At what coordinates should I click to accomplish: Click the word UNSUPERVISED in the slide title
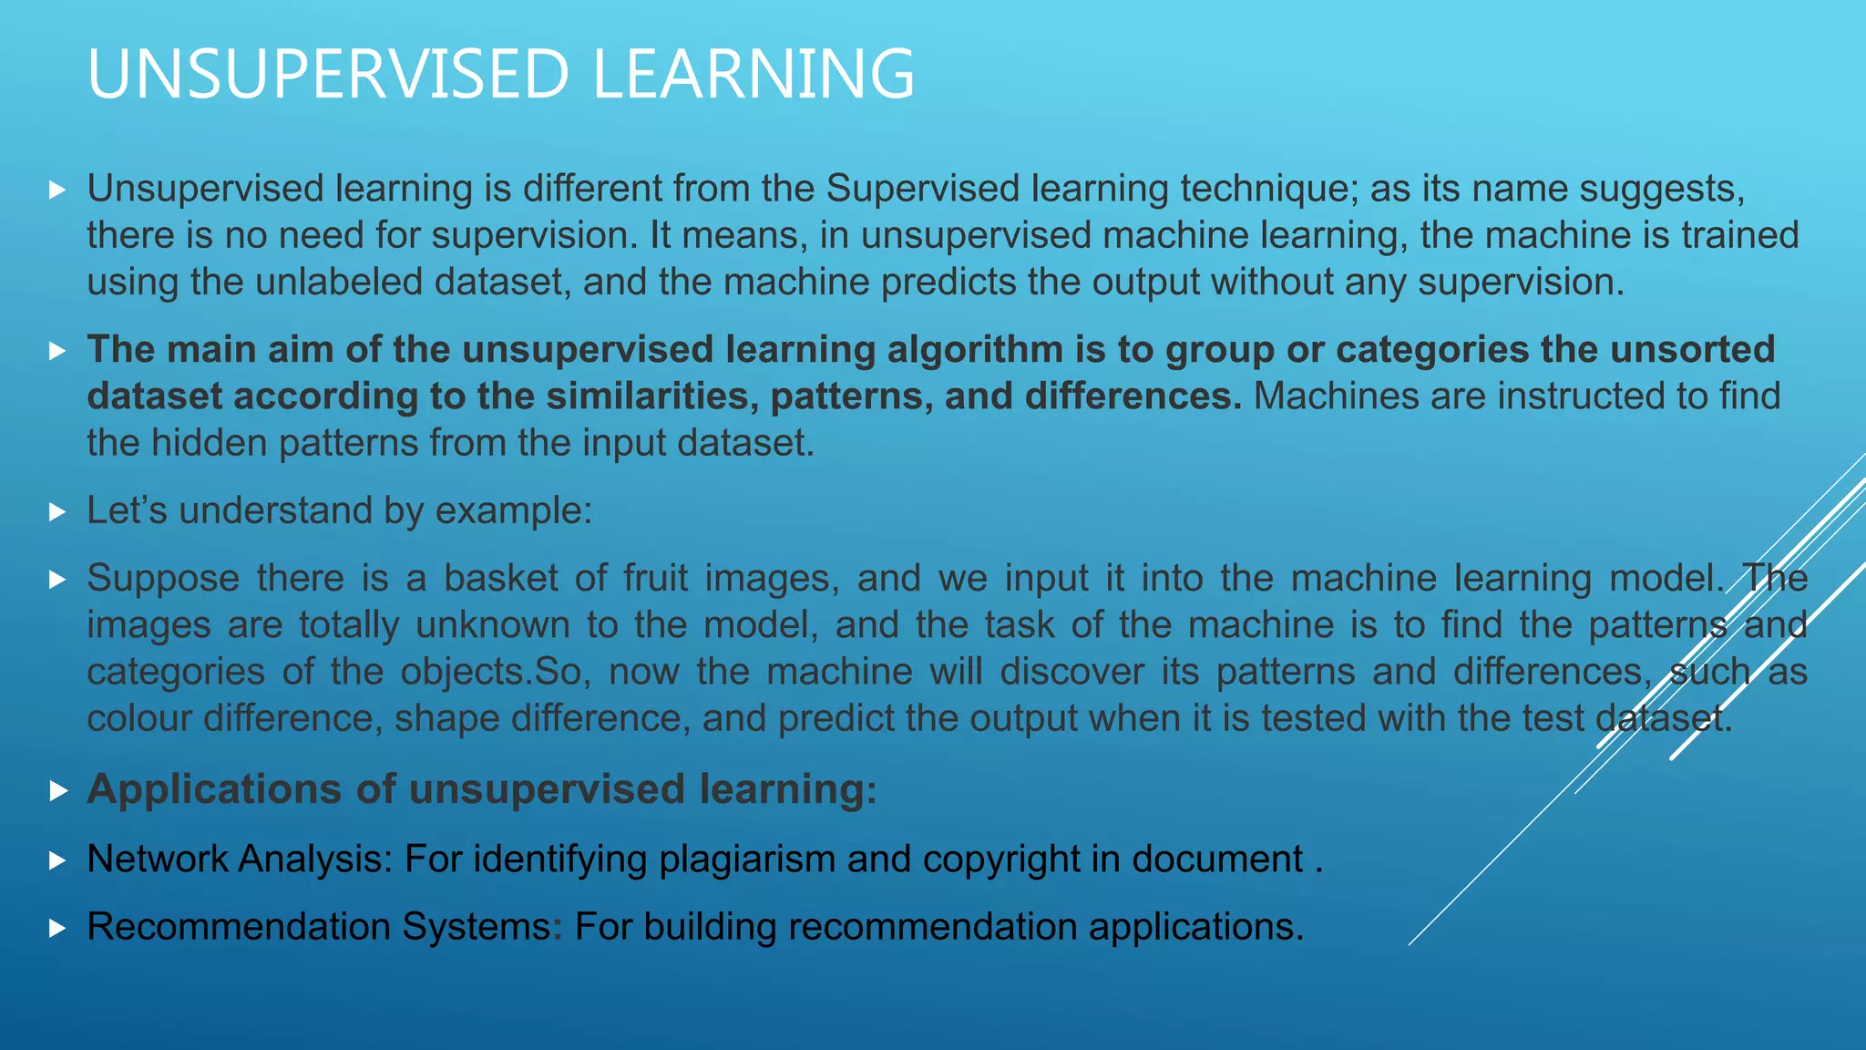(328, 74)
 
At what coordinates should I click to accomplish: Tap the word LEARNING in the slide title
(754, 74)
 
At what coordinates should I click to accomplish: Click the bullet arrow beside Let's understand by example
(57, 511)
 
